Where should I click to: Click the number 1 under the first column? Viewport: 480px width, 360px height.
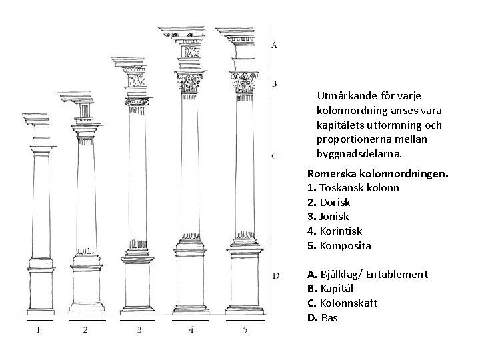(x=38, y=329)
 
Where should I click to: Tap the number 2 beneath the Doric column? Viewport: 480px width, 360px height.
(x=85, y=329)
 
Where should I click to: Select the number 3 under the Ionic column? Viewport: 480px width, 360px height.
(x=139, y=329)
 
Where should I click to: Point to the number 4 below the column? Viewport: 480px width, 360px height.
(x=191, y=329)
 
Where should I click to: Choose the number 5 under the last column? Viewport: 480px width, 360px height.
(x=245, y=329)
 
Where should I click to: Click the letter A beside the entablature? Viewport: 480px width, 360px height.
(x=275, y=45)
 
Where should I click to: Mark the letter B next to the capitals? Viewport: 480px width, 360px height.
(x=275, y=84)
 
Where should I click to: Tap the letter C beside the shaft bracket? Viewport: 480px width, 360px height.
(x=275, y=156)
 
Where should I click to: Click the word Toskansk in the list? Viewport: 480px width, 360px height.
(x=341, y=187)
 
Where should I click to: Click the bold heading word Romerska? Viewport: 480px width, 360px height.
(x=332, y=173)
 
